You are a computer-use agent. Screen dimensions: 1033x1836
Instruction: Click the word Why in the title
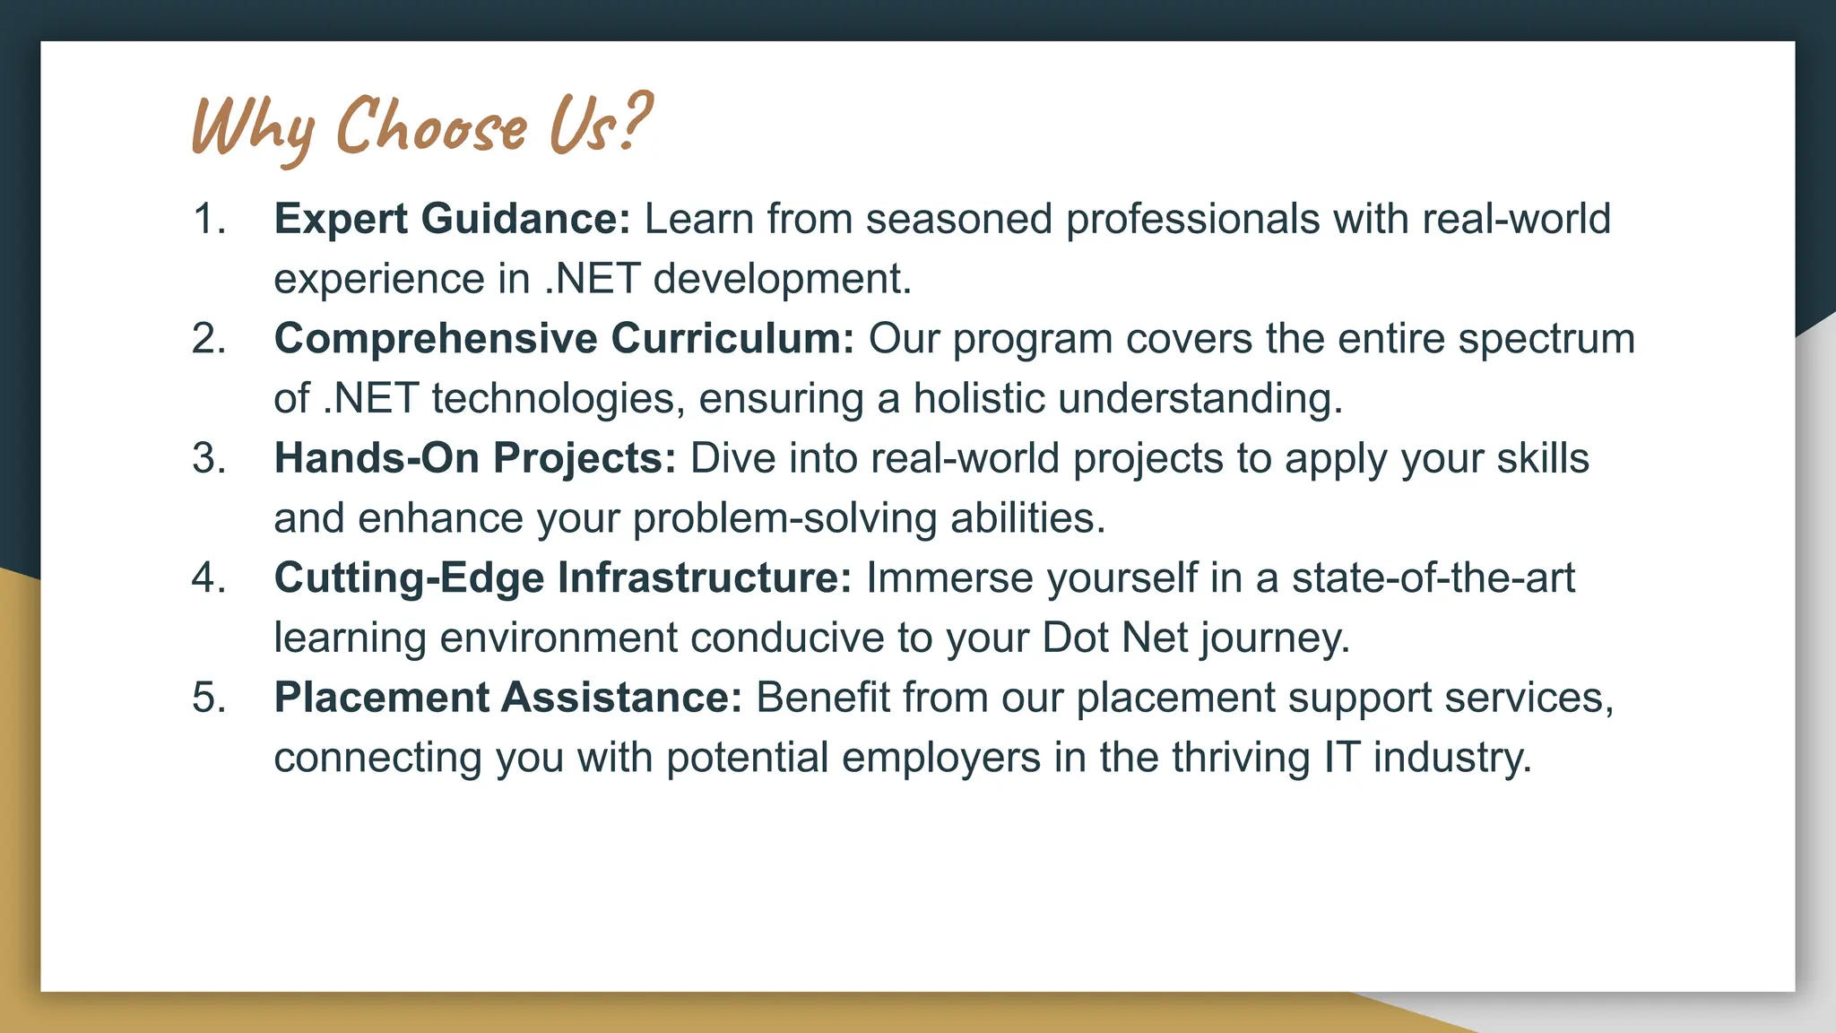(253, 127)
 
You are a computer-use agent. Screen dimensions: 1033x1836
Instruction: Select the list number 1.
(208, 220)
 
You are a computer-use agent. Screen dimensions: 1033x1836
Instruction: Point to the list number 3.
(208, 459)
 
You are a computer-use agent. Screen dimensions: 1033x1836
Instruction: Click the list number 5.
(208, 698)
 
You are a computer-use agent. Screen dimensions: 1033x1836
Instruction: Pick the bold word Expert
(341, 220)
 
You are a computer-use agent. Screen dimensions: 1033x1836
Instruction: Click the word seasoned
(958, 220)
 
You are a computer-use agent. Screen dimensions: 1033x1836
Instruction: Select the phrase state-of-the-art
(1433, 578)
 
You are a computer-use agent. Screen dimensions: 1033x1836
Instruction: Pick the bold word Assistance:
(621, 698)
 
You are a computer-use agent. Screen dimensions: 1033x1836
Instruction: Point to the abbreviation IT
(1341, 758)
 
